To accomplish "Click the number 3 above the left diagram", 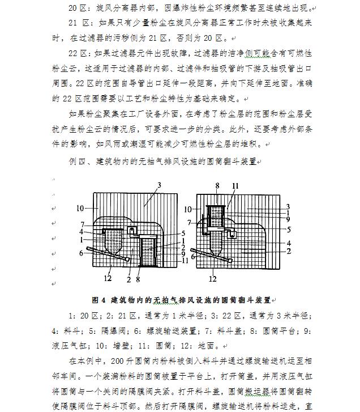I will [160, 185].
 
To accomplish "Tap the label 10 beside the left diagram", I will [80, 209].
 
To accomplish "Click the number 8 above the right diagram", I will [216, 185].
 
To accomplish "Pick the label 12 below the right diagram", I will [213, 278].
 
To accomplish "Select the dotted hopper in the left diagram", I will [115, 241].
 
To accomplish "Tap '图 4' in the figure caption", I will [99, 299].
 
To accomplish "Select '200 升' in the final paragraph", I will [122, 360].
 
